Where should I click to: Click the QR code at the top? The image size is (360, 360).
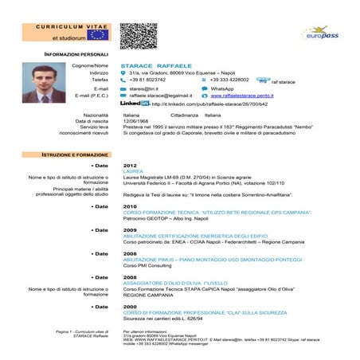click(138, 36)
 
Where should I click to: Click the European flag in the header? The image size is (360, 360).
click(97, 33)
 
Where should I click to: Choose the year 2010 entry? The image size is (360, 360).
click(130, 205)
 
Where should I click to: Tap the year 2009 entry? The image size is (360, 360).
click(130, 229)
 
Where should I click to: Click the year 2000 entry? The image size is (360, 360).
click(130, 306)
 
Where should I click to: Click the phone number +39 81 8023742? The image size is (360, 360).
click(147, 80)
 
